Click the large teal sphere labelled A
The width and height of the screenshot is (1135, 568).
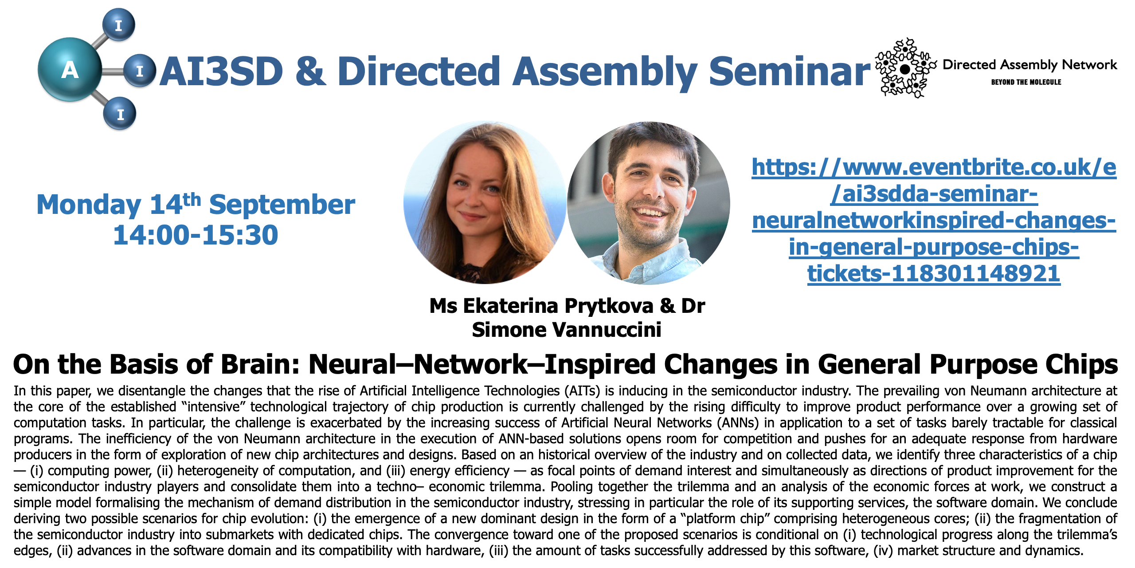(x=70, y=70)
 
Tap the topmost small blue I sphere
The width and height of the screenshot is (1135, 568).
(x=118, y=25)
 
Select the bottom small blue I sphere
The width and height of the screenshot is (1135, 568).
(x=120, y=114)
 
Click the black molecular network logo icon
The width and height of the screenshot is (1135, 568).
(x=905, y=68)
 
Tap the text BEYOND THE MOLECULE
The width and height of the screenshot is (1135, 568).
(x=1026, y=82)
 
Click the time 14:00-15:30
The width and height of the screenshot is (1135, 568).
(x=196, y=235)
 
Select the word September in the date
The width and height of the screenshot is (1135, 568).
(x=282, y=205)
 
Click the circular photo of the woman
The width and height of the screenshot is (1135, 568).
(x=485, y=203)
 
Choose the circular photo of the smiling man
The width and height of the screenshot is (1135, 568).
(x=649, y=203)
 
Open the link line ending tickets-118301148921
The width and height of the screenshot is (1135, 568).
(x=934, y=273)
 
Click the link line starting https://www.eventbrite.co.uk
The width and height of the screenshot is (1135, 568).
(x=934, y=168)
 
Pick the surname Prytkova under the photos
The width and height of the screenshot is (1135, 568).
(x=609, y=307)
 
